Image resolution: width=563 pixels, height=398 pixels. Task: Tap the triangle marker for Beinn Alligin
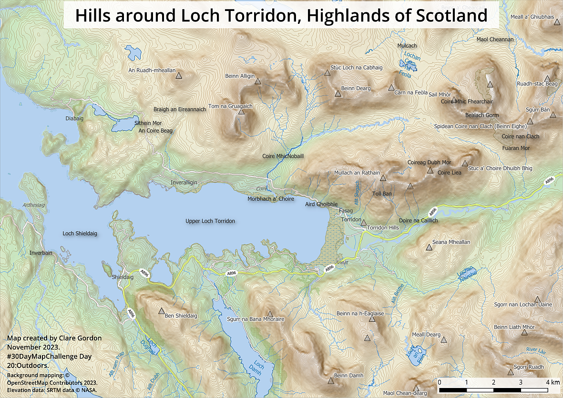(x=258, y=82)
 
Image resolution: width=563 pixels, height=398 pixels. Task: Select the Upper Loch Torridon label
(x=210, y=221)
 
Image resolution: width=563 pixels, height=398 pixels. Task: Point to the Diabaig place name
(x=74, y=118)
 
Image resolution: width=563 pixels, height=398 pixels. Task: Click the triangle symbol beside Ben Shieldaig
(x=161, y=311)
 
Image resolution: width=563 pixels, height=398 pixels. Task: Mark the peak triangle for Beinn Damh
(x=331, y=380)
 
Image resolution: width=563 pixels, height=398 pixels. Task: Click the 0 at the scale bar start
(x=439, y=382)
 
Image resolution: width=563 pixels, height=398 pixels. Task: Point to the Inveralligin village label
(x=184, y=183)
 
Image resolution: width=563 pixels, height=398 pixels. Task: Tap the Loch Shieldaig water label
(x=80, y=234)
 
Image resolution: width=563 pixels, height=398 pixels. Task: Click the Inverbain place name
(x=41, y=253)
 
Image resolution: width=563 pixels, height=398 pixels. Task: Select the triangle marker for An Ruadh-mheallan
(x=179, y=75)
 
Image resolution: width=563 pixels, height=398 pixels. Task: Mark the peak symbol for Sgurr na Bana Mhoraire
(x=270, y=314)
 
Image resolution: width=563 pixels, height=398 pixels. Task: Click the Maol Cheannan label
(x=495, y=40)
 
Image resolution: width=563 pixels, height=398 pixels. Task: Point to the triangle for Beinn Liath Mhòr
(x=524, y=332)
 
